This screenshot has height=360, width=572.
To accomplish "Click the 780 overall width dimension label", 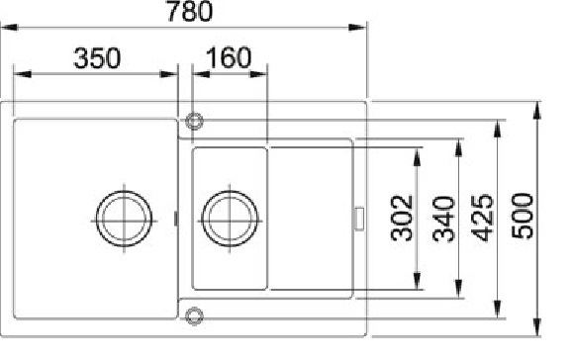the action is point(190,11).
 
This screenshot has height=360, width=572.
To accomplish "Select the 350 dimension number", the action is point(97,58).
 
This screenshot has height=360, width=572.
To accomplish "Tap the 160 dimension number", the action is point(229,57).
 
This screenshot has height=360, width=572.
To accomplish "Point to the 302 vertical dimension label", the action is point(402,219).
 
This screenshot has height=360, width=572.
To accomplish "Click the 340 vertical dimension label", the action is point(443,219).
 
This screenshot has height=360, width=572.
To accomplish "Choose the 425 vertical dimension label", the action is point(482,219).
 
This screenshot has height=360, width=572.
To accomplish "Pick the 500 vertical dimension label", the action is point(523,216).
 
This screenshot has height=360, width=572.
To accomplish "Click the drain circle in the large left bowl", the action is point(124,219).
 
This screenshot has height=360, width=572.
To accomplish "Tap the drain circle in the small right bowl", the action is point(230,219).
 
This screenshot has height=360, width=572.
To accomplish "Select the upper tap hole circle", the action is point(194,121).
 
